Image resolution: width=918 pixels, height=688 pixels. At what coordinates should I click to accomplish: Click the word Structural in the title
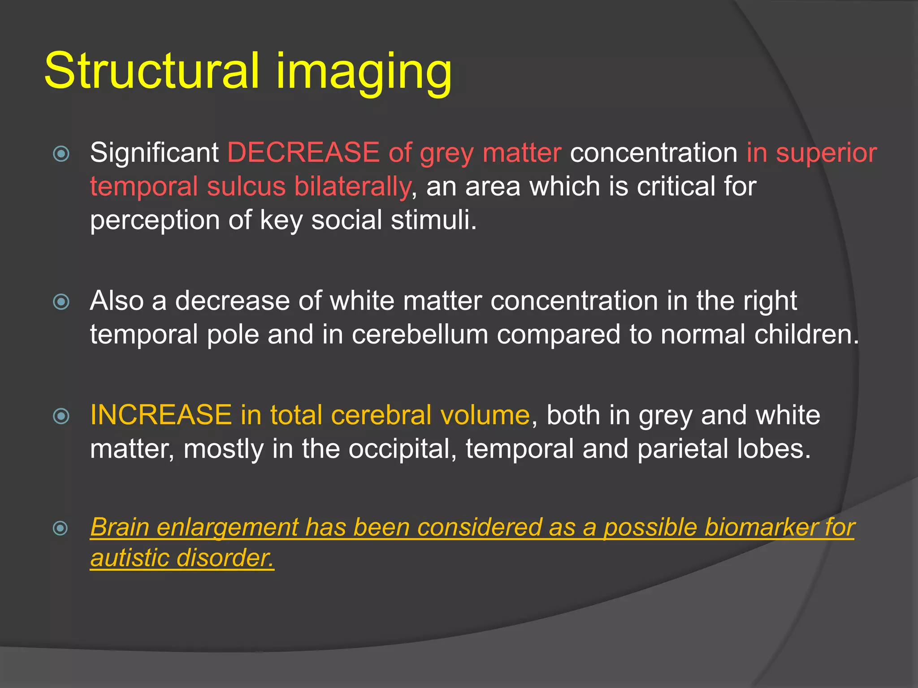click(x=152, y=71)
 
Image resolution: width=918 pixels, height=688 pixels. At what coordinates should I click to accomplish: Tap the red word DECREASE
click(x=303, y=153)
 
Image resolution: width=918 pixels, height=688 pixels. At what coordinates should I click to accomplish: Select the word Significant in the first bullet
click(x=154, y=153)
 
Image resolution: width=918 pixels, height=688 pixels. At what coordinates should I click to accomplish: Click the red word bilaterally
click(x=353, y=187)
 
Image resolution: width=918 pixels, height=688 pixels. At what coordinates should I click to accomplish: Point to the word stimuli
click(x=433, y=220)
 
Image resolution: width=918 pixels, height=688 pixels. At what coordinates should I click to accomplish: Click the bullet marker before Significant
click(x=61, y=154)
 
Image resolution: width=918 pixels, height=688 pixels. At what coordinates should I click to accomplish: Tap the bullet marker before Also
click(x=61, y=302)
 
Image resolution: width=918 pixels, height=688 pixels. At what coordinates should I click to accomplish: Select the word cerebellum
click(x=420, y=335)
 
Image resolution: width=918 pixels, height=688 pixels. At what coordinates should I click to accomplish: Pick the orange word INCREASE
click(x=161, y=415)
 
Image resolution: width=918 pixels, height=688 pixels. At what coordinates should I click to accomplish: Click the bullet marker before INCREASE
click(x=61, y=417)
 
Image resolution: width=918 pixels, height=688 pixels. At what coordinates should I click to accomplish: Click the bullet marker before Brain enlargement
click(x=61, y=529)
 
